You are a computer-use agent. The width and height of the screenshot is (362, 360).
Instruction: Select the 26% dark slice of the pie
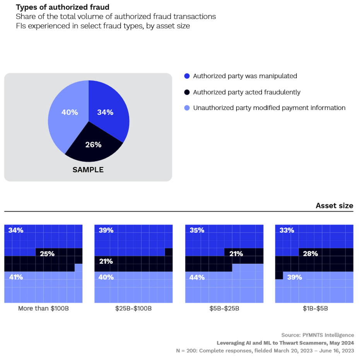coord(93,145)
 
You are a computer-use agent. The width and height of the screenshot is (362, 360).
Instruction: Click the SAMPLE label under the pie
coord(88,170)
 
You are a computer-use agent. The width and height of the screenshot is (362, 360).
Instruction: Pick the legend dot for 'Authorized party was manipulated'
coord(187,76)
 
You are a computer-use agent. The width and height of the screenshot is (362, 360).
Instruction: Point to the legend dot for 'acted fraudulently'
coord(187,92)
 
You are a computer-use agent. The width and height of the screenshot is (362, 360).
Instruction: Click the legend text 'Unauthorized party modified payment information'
coord(269,108)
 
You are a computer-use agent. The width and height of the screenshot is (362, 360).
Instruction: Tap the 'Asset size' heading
coord(334,206)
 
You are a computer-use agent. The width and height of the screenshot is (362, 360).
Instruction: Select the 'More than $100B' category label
coord(43,309)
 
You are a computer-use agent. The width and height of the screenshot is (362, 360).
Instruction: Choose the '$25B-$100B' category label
coord(133,309)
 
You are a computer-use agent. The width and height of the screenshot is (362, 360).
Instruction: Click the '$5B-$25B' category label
coord(224,309)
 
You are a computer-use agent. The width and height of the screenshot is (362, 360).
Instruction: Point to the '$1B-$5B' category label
coord(314,309)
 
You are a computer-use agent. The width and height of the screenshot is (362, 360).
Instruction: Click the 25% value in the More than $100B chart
coord(47,254)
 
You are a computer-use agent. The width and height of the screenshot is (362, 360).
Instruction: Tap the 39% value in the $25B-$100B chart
coord(106,230)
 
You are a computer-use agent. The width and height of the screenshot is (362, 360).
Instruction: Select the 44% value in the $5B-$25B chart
coord(197,277)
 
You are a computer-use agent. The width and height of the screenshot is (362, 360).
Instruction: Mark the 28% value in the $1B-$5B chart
coord(311,254)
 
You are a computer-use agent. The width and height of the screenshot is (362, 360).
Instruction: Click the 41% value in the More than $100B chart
coord(16,277)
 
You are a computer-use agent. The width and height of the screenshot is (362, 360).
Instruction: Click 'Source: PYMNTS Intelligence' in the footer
coord(318,335)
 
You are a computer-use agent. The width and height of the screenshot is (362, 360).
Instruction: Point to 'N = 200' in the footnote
coord(186,351)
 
